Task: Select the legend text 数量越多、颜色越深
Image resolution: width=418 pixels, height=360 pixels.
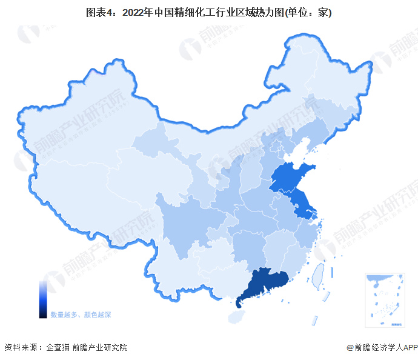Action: [81, 315]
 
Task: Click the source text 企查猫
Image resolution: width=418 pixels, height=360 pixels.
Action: [56, 347]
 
